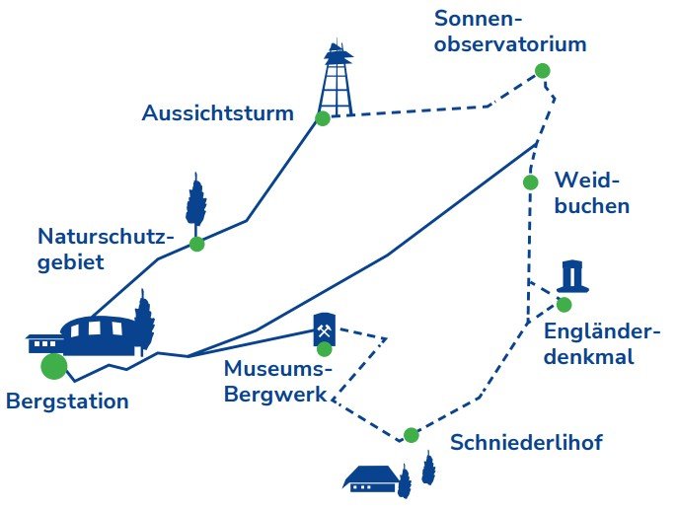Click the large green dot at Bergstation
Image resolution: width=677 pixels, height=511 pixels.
54,366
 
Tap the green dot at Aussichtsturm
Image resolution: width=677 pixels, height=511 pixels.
323,118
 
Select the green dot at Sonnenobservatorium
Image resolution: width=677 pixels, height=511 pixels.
543,70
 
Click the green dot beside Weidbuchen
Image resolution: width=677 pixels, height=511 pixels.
530,182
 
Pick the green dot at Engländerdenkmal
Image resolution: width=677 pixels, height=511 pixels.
564,305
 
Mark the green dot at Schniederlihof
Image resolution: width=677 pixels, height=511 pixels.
411,435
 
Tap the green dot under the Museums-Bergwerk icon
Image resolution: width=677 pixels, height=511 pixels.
325,349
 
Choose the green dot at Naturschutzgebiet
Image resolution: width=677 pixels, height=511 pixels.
197,245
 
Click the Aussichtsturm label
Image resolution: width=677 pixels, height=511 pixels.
217,113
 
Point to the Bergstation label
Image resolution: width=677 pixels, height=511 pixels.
67,401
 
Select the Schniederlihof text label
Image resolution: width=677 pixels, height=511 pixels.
526,442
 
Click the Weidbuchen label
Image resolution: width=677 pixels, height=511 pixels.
592,193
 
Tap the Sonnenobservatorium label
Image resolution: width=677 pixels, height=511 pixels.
510,32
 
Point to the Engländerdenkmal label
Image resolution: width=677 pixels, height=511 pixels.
602,344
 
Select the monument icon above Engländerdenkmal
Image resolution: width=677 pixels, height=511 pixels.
572,276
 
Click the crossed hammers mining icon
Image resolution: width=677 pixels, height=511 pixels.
325,330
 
